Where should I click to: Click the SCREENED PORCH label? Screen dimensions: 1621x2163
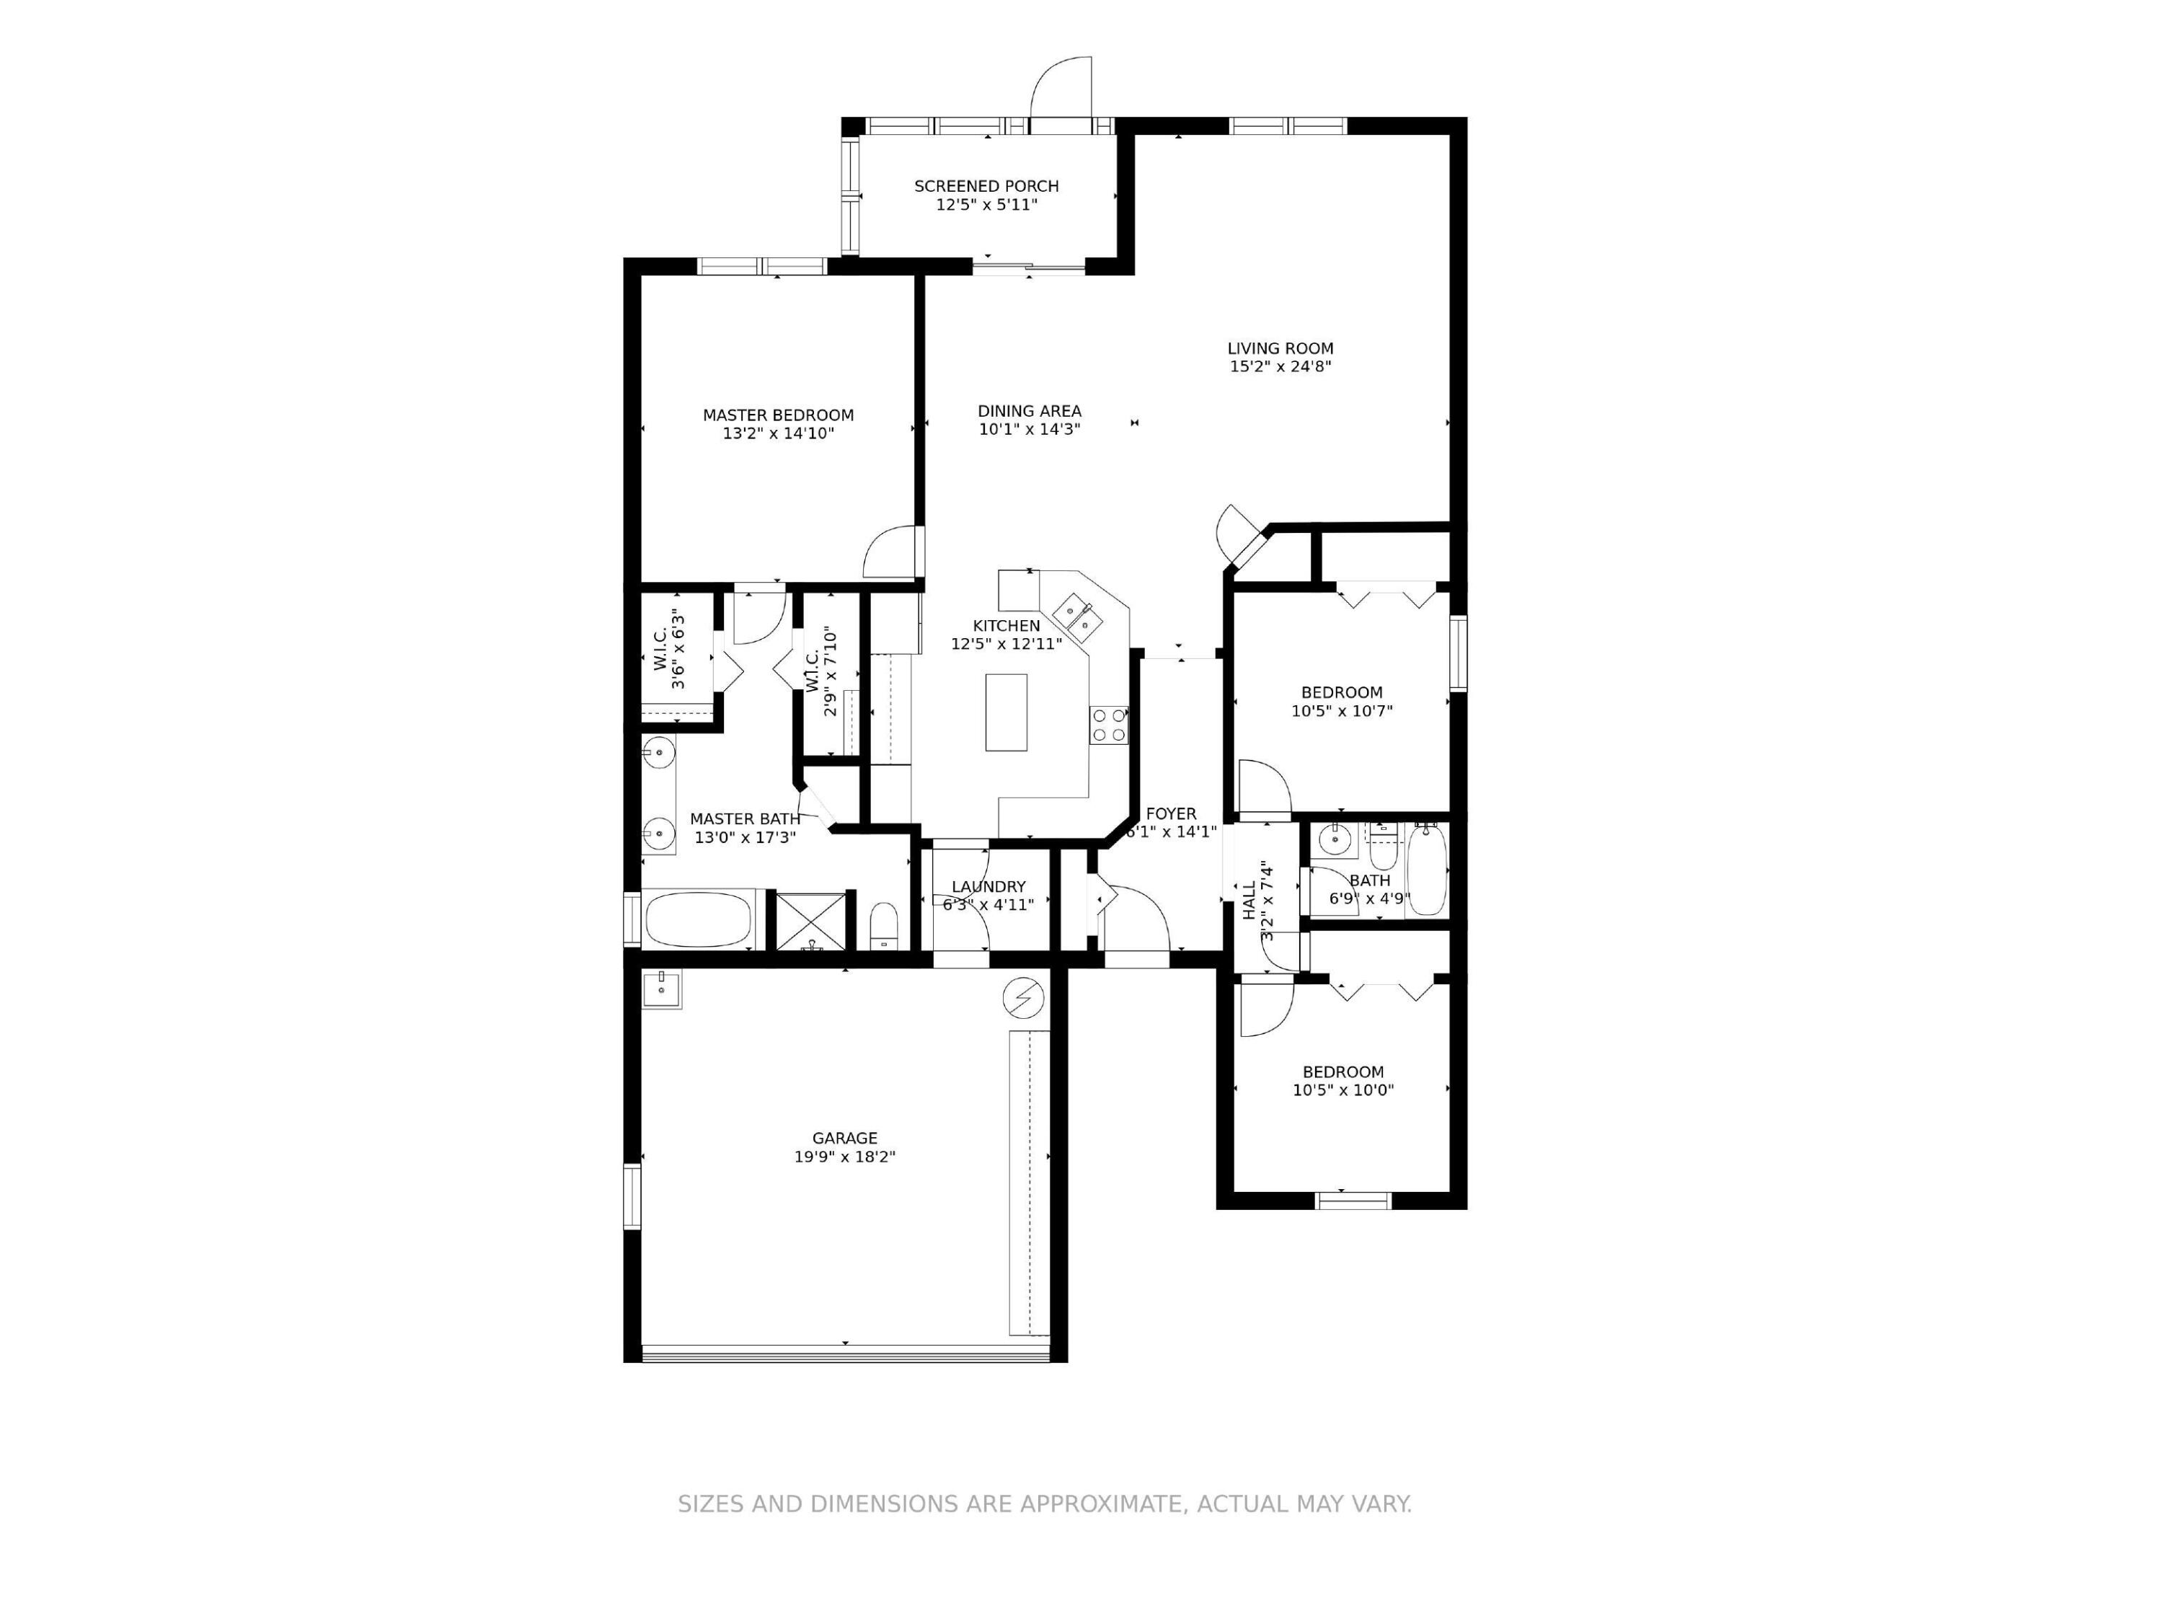pyautogui.click(x=986, y=186)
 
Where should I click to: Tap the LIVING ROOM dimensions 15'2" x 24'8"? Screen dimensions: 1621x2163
pyautogui.click(x=1280, y=366)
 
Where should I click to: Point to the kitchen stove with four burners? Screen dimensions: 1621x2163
pyautogui.click(x=1109, y=725)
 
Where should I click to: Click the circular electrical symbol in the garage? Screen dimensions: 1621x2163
pyautogui.click(x=1023, y=997)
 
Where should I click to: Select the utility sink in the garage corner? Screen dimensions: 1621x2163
pyautogui.click(x=662, y=989)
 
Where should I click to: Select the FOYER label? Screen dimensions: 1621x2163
pyautogui.click(x=1170, y=813)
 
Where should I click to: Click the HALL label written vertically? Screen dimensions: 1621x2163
pyautogui.click(x=1249, y=899)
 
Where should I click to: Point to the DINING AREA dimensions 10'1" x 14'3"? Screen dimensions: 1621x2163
pyautogui.click(x=1029, y=429)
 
